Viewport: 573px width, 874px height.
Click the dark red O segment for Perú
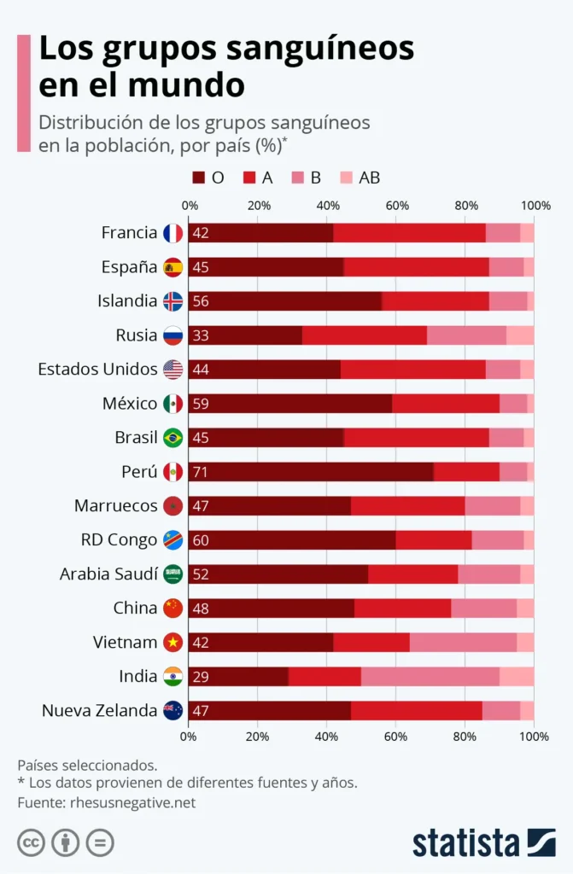click(x=312, y=472)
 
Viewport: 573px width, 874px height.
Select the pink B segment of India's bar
click(x=430, y=677)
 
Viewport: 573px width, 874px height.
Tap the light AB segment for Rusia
click(x=520, y=335)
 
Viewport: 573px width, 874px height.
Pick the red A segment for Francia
click(x=409, y=233)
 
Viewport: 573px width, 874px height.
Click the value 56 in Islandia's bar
click(x=201, y=301)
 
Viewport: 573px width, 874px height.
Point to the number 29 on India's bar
click(x=201, y=677)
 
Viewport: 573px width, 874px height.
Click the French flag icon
click(x=172, y=233)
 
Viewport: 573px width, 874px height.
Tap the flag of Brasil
click(x=172, y=438)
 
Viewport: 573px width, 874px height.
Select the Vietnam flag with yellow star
click(x=172, y=643)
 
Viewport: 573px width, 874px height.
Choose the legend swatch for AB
click(x=348, y=178)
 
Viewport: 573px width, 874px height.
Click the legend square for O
click(x=198, y=178)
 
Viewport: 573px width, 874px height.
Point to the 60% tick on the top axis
click(x=396, y=206)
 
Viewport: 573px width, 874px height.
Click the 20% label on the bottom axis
click(x=258, y=736)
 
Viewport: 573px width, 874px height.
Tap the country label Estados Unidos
click(x=97, y=370)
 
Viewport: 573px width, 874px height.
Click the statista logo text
click(x=466, y=842)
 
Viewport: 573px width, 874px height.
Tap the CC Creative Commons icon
click(x=32, y=843)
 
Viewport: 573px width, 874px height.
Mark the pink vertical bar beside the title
click(x=23, y=93)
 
